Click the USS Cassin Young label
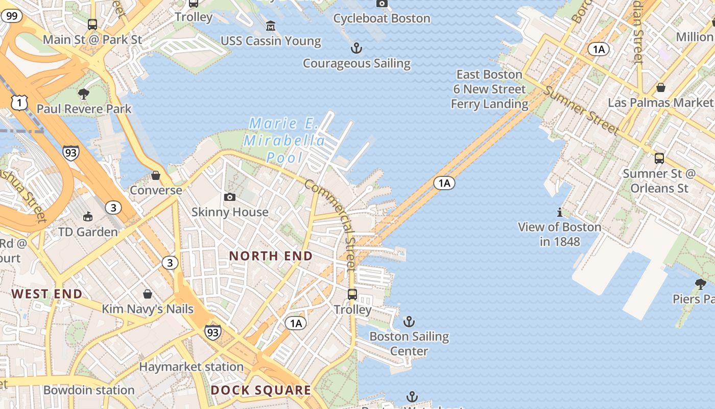(x=271, y=41)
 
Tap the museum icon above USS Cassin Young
(x=271, y=25)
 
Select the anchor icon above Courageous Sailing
(x=356, y=49)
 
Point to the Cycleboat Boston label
(x=382, y=18)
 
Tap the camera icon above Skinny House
(x=230, y=197)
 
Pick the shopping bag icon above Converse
(x=156, y=175)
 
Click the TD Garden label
(x=88, y=232)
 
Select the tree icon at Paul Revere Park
(x=84, y=94)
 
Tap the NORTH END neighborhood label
(x=271, y=256)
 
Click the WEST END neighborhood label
(x=47, y=294)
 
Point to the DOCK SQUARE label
(x=261, y=391)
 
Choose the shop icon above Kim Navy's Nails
(x=148, y=294)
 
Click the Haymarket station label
(x=191, y=367)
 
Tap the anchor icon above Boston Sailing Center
(x=409, y=322)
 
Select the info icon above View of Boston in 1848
(x=560, y=212)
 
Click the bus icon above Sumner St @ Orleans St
(x=659, y=158)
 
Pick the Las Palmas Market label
(x=661, y=103)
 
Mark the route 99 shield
(x=12, y=16)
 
